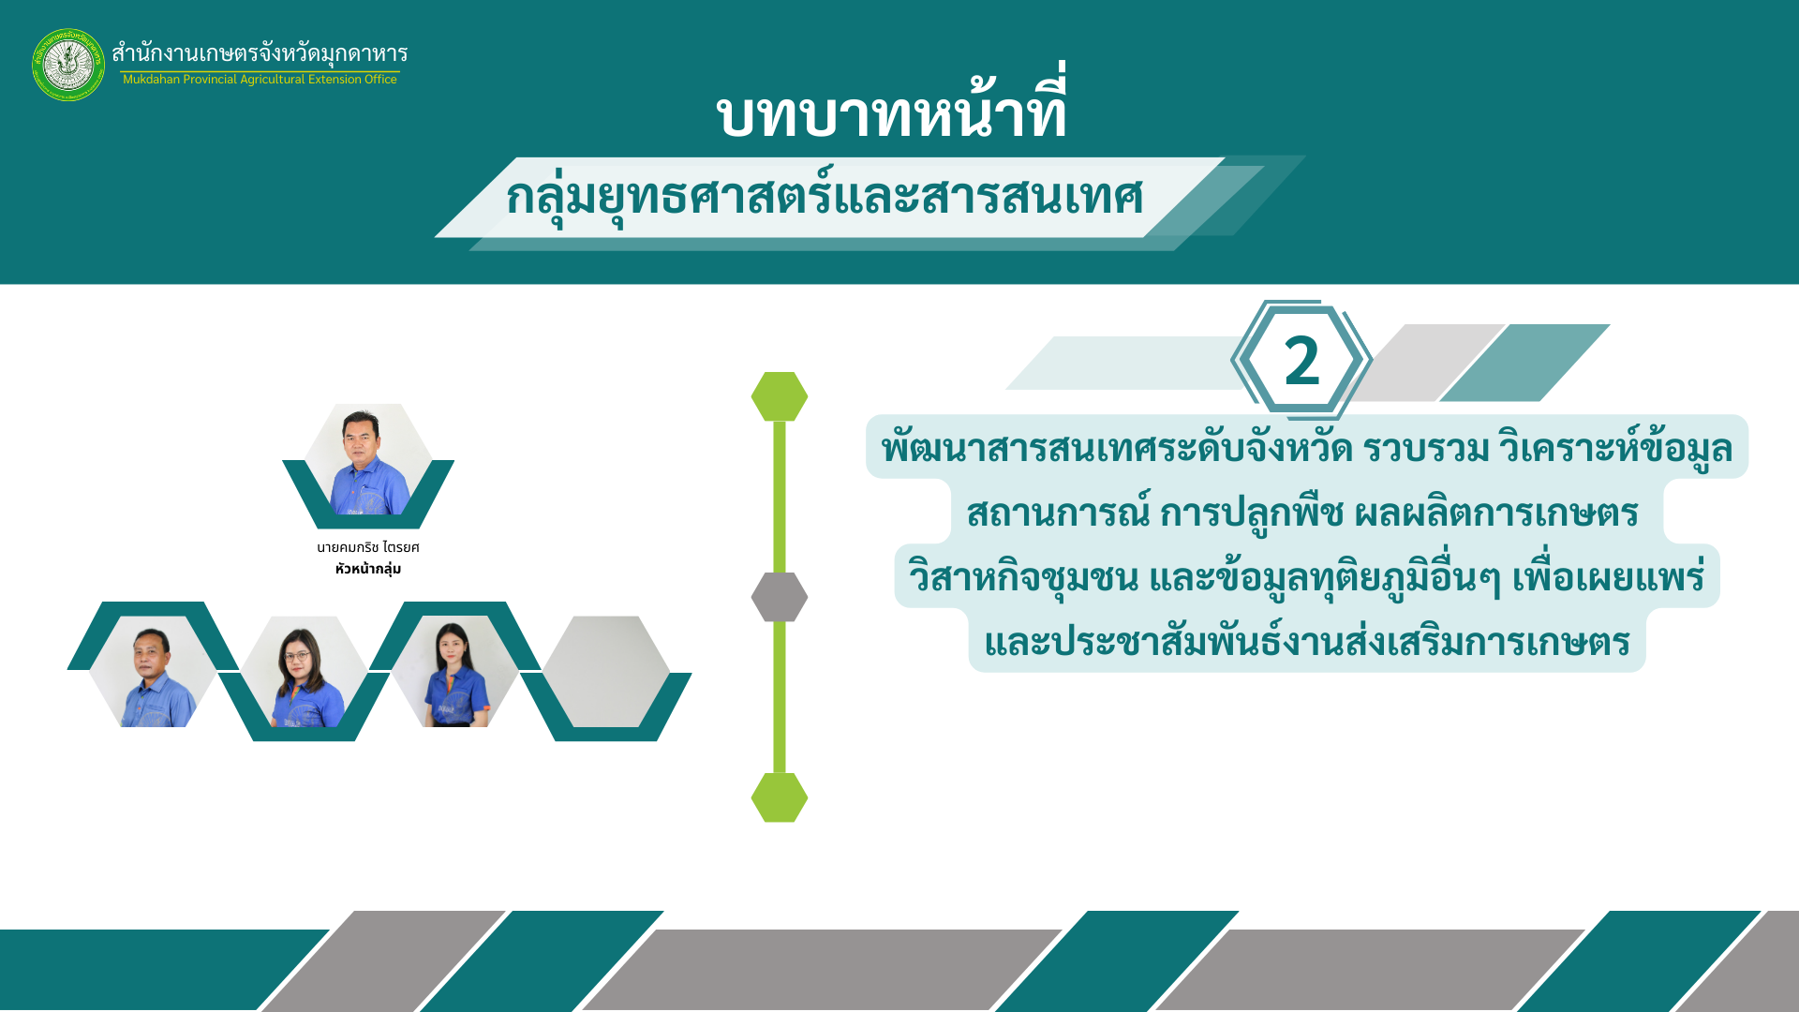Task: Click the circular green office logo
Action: [68, 65]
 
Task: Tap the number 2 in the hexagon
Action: [1301, 361]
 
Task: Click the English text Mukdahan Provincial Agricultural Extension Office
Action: [260, 80]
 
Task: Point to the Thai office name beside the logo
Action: [260, 52]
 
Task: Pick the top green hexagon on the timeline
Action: [780, 396]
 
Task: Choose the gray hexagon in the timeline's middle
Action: [780, 597]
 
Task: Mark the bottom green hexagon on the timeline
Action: [780, 797]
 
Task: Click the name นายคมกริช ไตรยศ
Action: [368, 547]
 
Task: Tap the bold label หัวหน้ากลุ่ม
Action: [368, 569]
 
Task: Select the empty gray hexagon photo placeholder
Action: [606, 671]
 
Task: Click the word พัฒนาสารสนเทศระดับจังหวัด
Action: [1117, 448]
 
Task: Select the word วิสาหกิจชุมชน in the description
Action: [1023, 576]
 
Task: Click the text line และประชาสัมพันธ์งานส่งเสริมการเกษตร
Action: [1307, 642]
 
